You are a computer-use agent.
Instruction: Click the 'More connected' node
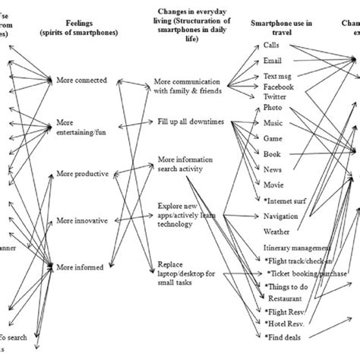click(81, 80)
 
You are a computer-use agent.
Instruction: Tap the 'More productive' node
click(81, 174)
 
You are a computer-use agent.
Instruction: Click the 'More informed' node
click(81, 266)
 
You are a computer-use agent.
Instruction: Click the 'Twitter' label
click(275, 98)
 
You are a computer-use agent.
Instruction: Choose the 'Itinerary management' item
click(296, 248)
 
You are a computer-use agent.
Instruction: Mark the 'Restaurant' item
click(283, 298)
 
